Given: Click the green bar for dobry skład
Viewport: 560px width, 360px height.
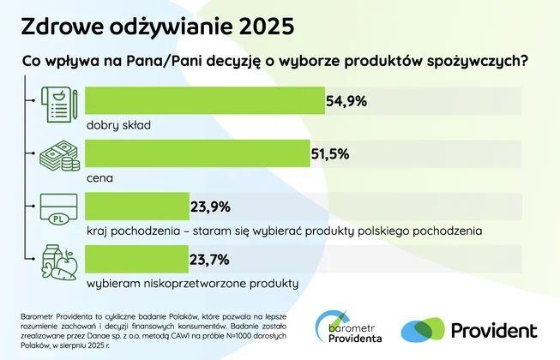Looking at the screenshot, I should tap(206, 101).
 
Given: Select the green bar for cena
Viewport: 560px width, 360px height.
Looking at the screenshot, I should tap(198, 154).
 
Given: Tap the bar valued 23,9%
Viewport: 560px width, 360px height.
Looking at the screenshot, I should tap(137, 207).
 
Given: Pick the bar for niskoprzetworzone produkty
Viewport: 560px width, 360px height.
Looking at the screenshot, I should tap(137, 259).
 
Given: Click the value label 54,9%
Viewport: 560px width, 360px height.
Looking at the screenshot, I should tap(346, 101).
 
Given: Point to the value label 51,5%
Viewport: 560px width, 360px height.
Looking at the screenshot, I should tap(333, 154).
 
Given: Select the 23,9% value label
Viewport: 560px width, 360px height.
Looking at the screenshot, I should tap(211, 207).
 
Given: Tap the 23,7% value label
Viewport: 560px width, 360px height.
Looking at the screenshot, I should tap(211, 259).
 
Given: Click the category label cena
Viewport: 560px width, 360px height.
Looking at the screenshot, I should tap(100, 179).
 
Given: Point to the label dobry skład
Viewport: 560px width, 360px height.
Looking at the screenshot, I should tap(118, 125).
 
